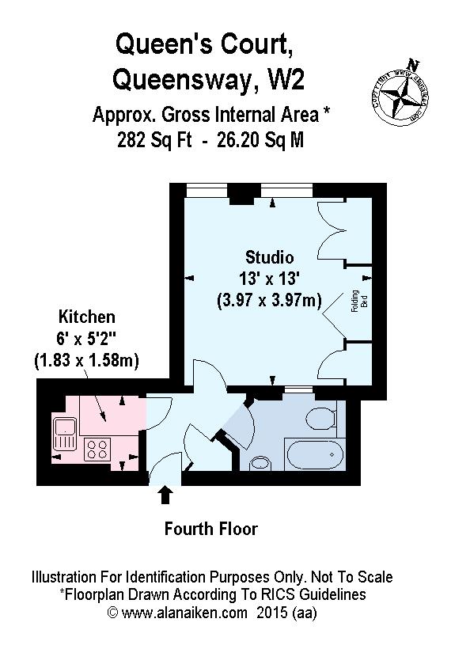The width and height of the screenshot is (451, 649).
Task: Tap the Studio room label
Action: (269, 257)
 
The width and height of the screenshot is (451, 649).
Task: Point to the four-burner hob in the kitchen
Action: (97, 450)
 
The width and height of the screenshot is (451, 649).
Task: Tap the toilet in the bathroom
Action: (323, 417)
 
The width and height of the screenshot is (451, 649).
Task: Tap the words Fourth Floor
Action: (210, 528)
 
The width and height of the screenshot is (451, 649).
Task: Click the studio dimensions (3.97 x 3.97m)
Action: (269, 301)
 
